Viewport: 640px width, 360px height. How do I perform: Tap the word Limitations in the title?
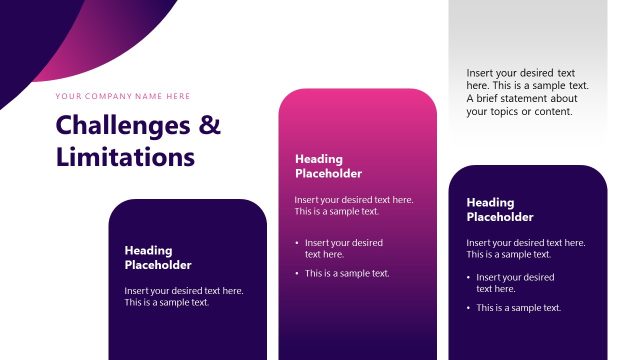point(125,157)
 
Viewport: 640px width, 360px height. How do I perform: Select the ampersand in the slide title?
point(210,126)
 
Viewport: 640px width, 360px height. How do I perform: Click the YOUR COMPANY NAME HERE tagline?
point(123,96)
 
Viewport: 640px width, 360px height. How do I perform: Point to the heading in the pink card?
point(320,165)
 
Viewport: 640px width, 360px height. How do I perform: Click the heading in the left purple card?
point(157,257)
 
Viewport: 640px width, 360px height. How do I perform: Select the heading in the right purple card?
point(500,209)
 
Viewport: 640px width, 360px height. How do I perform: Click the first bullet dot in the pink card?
point(297,243)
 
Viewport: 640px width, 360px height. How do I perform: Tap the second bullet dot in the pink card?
point(297,273)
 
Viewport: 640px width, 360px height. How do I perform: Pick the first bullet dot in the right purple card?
point(469,277)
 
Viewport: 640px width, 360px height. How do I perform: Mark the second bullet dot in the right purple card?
point(469,308)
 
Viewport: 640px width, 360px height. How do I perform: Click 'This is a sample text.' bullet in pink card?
point(347,273)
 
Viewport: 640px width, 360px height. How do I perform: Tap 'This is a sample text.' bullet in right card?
point(518,308)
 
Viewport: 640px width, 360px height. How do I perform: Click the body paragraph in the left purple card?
point(184,296)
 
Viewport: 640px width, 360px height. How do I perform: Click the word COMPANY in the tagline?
point(108,96)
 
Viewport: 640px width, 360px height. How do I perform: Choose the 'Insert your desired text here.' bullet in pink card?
point(343,248)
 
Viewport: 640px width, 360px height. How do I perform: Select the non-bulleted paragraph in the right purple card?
point(526,248)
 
